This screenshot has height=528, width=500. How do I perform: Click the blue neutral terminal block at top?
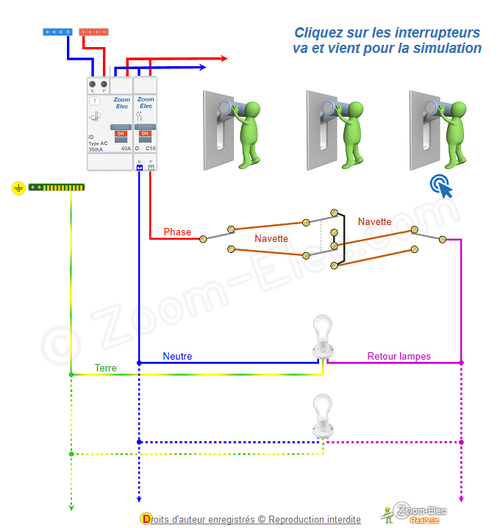57,32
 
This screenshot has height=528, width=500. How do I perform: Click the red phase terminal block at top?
93,32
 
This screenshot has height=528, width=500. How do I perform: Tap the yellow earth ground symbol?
18,188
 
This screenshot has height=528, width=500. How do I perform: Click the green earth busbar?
57,188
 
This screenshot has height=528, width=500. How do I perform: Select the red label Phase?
177,232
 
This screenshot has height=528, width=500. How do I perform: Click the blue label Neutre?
177,357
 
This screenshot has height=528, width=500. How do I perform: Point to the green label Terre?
105,368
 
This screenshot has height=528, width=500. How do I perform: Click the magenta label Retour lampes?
399,357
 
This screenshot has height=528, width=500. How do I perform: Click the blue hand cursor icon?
442,186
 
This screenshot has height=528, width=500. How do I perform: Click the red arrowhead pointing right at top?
223,58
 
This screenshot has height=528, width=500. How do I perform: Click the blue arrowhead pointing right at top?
201,68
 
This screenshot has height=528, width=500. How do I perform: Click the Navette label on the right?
374,221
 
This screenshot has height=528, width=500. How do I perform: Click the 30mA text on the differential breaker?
96,149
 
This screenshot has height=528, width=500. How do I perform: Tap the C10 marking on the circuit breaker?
150,149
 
